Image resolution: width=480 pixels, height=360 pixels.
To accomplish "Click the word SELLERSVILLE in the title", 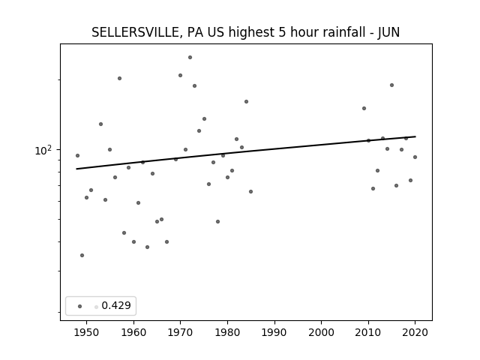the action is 134,32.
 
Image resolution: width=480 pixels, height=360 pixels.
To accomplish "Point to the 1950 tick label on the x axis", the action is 87,332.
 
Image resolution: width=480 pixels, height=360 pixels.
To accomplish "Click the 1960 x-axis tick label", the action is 133,332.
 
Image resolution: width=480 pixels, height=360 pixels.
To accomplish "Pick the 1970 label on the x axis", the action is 180,332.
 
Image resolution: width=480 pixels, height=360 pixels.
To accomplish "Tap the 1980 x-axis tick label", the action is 227,332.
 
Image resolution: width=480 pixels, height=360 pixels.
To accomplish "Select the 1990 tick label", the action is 274,332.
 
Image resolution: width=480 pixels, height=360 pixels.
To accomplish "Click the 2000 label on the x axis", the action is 322,332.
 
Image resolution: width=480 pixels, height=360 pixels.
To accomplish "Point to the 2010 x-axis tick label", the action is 368,332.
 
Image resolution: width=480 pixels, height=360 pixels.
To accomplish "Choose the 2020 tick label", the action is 415,332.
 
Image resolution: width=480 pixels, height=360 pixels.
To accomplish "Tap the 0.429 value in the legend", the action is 116,305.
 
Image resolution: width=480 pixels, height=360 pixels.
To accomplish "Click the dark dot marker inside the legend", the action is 80,307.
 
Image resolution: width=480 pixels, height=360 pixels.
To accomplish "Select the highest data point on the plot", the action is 190,58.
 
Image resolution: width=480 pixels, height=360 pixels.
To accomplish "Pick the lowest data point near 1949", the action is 82,255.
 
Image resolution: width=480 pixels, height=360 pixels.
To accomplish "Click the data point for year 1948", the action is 77,155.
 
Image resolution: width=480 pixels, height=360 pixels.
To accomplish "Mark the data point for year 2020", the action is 415,157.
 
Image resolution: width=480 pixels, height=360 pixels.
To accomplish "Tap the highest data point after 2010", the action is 391,85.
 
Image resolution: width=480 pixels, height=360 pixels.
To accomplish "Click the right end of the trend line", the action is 415,136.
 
